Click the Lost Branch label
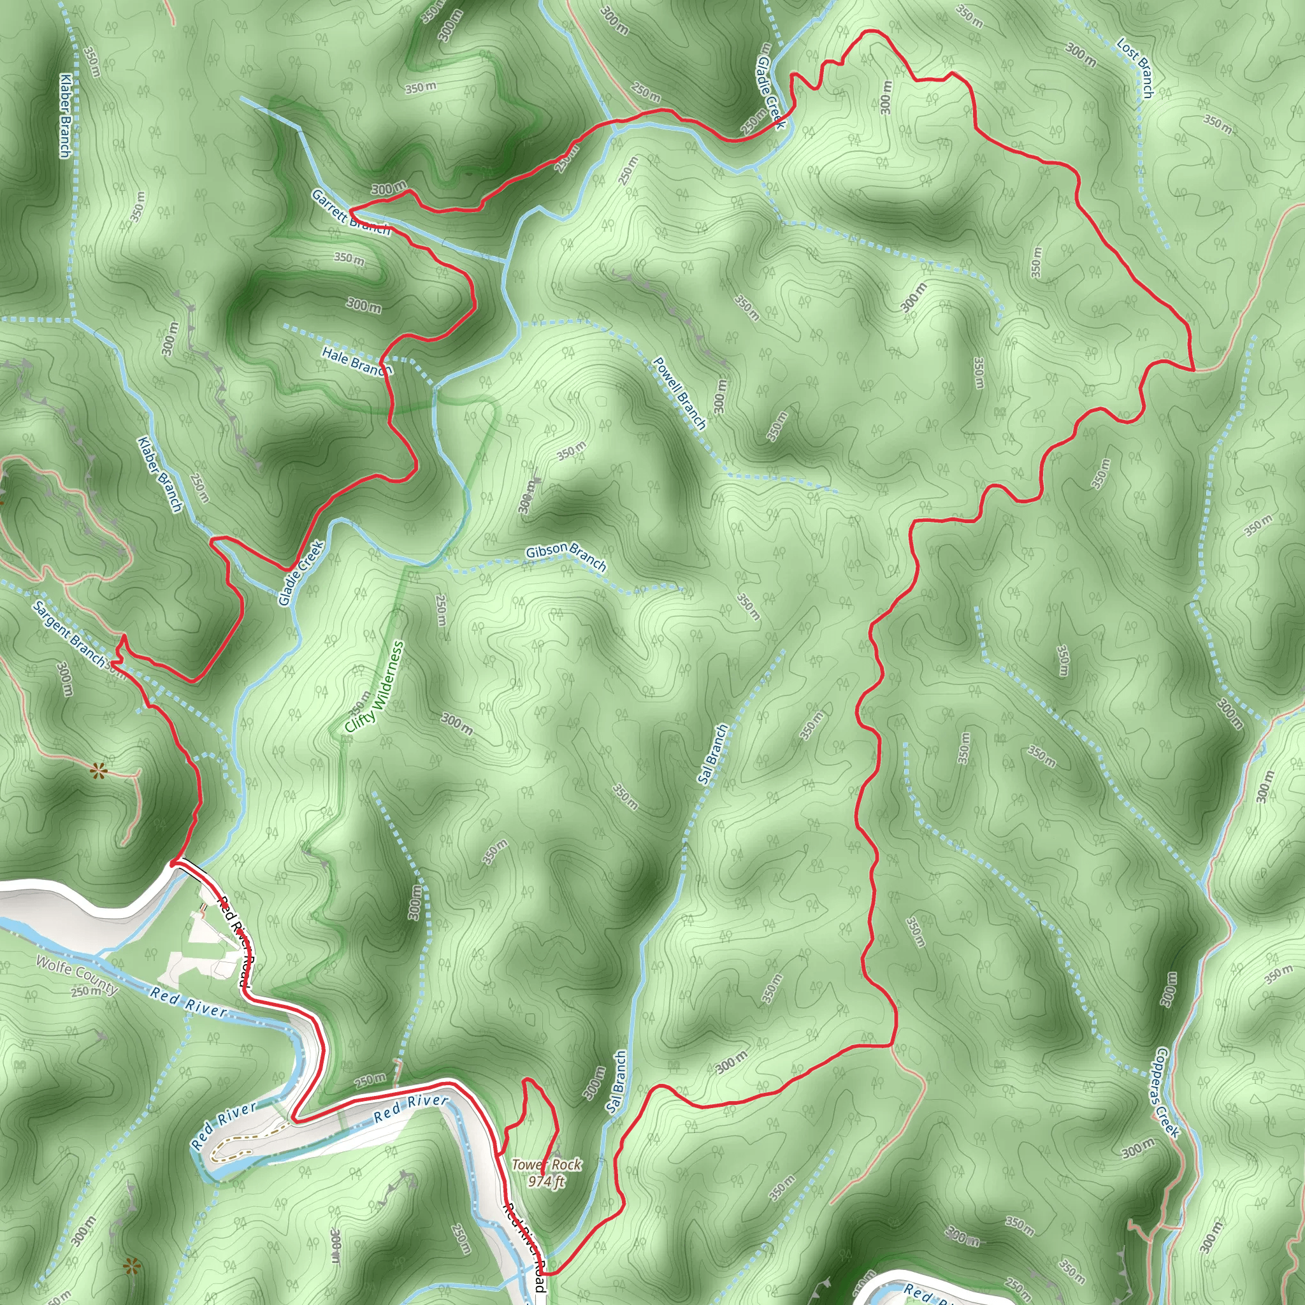[x=1135, y=68]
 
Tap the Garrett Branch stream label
[x=350, y=212]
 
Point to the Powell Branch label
[x=679, y=393]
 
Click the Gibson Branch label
[x=566, y=555]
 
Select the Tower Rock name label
[x=546, y=1165]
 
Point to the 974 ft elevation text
[x=546, y=1181]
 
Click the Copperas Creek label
[x=1167, y=1092]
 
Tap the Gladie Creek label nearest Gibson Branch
[x=301, y=573]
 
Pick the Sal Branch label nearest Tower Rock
[x=616, y=1082]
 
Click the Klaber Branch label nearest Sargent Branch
[x=160, y=474]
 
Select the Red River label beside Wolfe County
[x=189, y=1002]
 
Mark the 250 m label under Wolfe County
[x=87, y=991]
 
